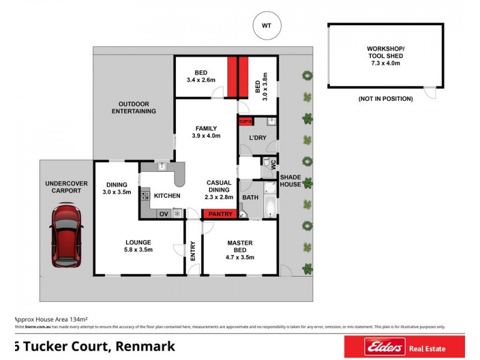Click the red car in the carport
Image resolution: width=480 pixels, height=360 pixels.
coord(66,236)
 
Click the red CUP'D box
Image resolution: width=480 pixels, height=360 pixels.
coord(245,122)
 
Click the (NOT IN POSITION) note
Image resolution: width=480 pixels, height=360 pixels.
coord(385,98)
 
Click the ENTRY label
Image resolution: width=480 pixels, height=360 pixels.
coord(193,250)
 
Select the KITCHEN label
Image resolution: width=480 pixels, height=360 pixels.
coord(167,196)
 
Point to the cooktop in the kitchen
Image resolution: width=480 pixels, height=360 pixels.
coord(145,195)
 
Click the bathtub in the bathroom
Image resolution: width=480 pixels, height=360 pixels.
coord(269,200)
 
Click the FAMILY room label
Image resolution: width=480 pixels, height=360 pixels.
coord(206,132)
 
